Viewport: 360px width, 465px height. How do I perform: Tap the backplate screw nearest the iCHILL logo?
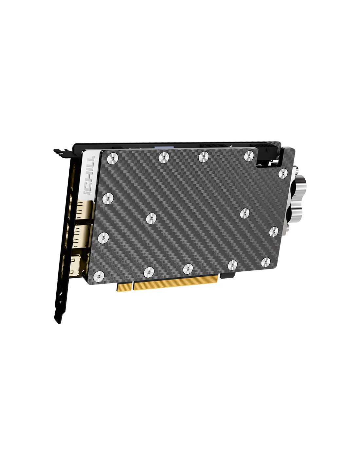pyautogui.click(x=113, y=159)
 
